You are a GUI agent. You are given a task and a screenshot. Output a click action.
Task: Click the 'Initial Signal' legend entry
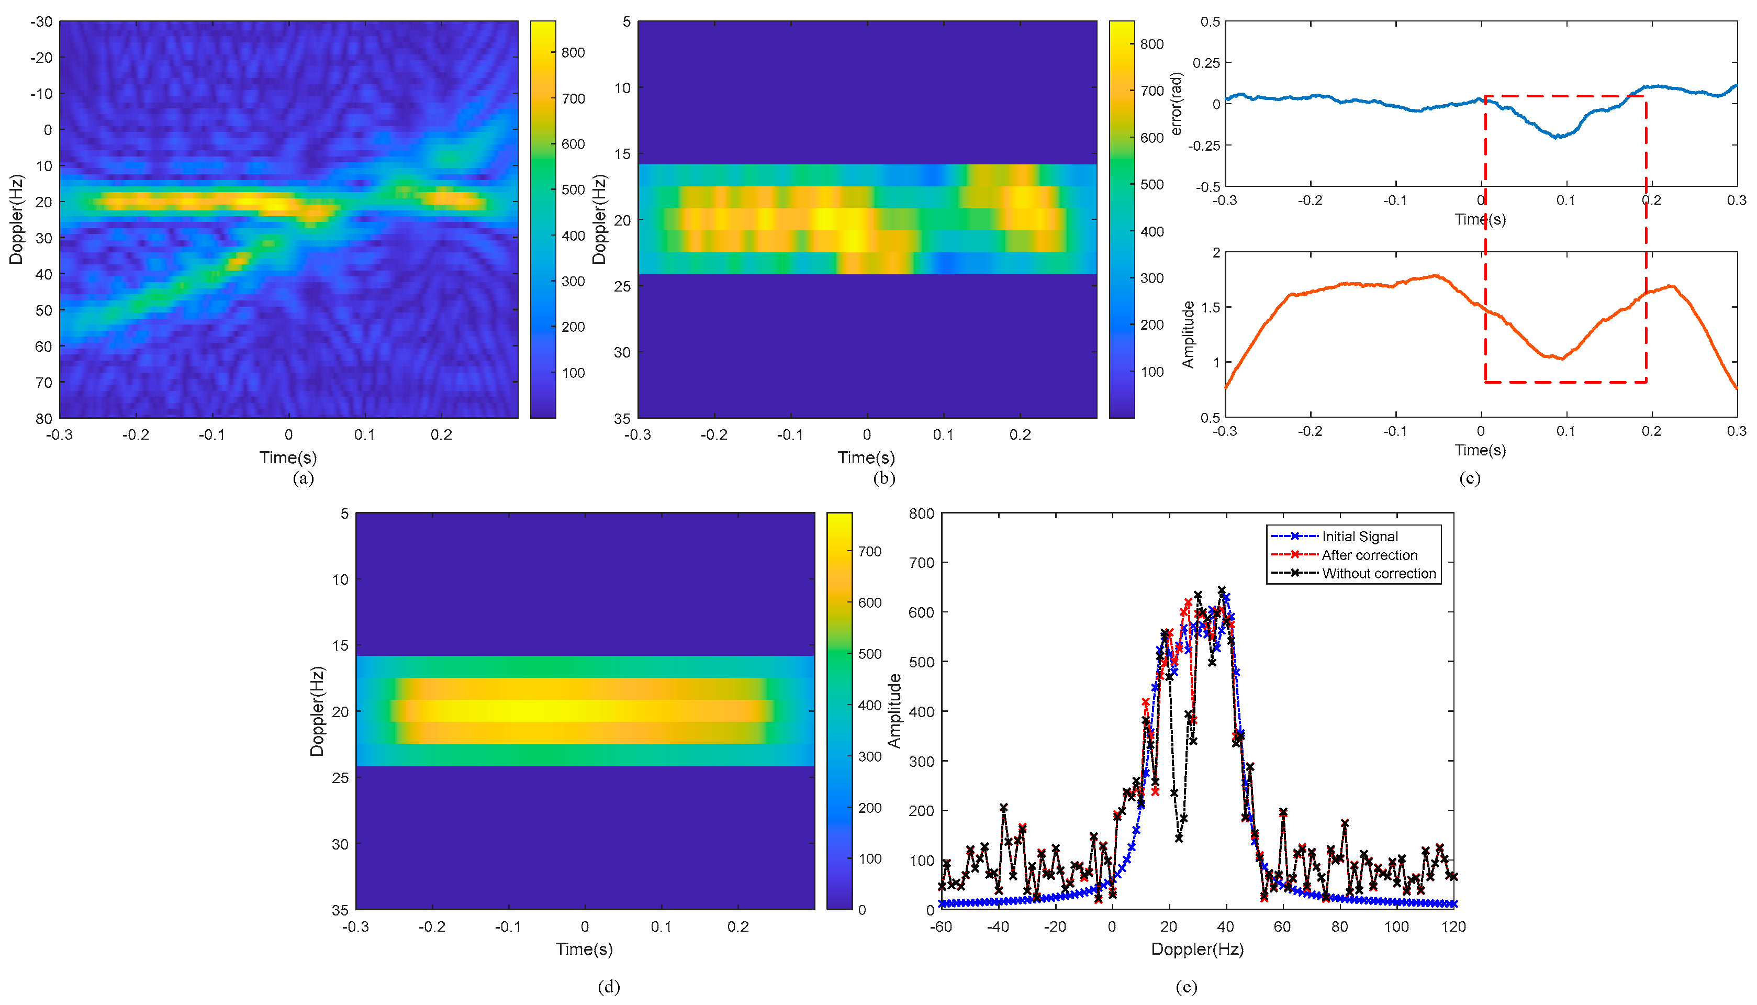[1359, 537]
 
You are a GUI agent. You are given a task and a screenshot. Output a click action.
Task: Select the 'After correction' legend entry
[1369, 555]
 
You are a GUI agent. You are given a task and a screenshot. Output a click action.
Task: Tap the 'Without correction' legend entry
[1378, 574]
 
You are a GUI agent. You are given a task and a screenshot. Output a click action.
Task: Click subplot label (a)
[303, 478]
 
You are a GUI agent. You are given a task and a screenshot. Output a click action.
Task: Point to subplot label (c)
[1469, 478]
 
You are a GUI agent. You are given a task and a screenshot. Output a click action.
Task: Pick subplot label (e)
[1185, 987]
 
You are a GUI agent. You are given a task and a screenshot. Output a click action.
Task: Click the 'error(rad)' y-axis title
[1177, 104]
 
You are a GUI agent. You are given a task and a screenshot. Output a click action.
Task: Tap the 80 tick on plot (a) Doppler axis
[43, 418]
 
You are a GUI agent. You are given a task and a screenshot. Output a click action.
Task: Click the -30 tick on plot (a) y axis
[41, 21]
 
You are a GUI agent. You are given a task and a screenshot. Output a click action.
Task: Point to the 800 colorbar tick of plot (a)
[573, 52]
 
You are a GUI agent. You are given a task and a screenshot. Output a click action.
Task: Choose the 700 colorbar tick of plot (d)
[869, 552]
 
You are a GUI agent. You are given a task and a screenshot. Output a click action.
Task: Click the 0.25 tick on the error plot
[1206, 63]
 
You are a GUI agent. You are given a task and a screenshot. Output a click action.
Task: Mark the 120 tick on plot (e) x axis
[1453, 927]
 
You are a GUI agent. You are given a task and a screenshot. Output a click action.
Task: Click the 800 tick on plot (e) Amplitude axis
[921, 513]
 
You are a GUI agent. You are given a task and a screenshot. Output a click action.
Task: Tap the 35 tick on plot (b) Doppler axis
[622, 418]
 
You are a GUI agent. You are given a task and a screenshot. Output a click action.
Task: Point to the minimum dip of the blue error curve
[1557, 137]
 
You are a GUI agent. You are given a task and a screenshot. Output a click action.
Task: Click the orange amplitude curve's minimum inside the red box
[1562, 358]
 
